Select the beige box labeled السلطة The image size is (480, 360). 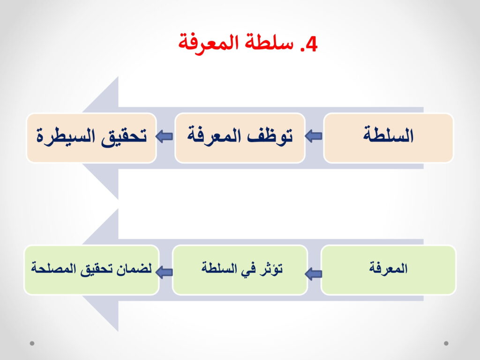(388, 138)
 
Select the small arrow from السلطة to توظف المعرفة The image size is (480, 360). (314, 135)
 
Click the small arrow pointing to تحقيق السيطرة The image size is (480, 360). (165, 136)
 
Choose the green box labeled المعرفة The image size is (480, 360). (388, 270)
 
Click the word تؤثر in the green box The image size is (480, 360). (271, 269)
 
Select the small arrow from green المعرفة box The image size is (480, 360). (314, 273)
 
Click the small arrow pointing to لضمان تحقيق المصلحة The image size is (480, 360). (165, 271)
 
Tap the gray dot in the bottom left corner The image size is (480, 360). (32, 343)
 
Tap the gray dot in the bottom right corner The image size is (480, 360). (446, 343)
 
